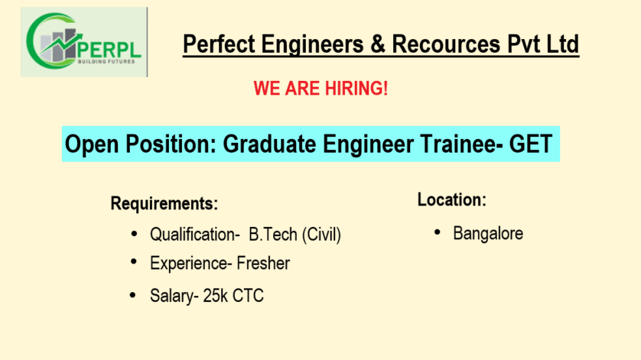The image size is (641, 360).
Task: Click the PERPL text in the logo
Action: tap(109, 50)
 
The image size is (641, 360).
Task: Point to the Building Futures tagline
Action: tap(106, 62)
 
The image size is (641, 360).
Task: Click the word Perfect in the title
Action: tap(219, 44)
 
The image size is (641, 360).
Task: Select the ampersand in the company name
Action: tap(378, 44)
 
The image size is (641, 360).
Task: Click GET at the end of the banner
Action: tap(531, 144)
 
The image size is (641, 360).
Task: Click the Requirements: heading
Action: tap(164, 203)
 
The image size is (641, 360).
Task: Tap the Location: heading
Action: tap(452, 199)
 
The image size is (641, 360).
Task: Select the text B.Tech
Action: tap(273, 235)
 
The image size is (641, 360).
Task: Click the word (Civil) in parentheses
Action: tap(321, 235)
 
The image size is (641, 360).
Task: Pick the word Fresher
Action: tap(263, 263)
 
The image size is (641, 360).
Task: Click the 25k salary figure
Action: tap(215, 296)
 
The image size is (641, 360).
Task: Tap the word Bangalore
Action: tap(488, 234)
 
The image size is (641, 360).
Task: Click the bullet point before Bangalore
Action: tap(437, 232)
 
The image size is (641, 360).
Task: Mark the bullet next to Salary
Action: tap(132, 294)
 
